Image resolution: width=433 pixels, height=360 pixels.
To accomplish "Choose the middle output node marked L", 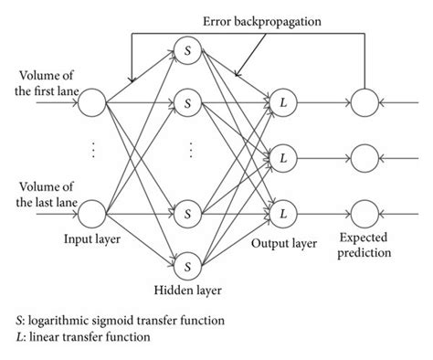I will (x=283, y=158).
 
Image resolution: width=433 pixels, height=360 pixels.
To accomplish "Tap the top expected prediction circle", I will (x=367, y=101).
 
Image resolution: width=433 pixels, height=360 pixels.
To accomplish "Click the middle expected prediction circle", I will (x=367, y=158).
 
